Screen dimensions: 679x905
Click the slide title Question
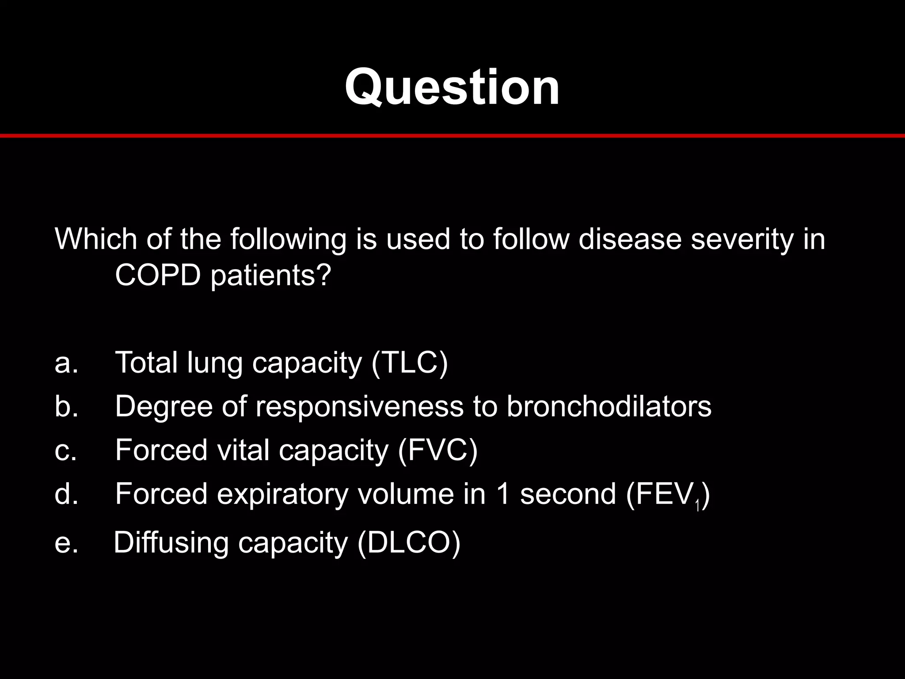tap(452, 87)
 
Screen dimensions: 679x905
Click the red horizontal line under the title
tap(452, 135)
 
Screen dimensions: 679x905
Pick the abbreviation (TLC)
tap(409, 363)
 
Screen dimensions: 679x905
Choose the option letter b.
tap(66, 406)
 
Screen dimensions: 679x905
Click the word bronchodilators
tap(608, 406)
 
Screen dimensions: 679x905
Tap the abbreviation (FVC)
tap(437, 450)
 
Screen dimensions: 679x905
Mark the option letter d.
tap(66, 494)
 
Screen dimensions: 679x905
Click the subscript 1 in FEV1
tap(697, 506)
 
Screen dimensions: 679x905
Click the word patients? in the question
tap(270, 276)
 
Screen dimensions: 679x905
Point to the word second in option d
tap(568, 494)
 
